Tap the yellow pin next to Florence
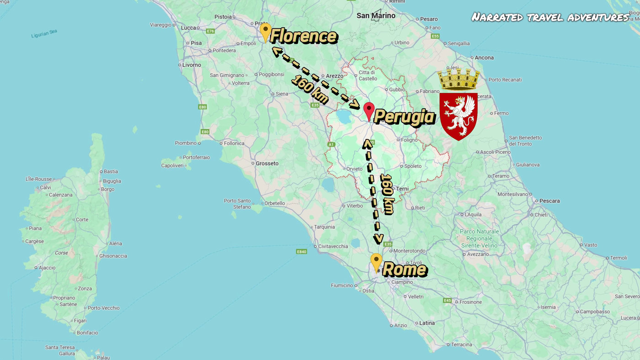tap(265, 32)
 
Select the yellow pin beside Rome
tap(376, 262)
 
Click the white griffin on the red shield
tap(458, 116)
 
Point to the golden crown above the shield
tap(459, 79)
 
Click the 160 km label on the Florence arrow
tap(310, 90)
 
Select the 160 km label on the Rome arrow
tap(387, 194)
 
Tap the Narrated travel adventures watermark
tap(550, 17)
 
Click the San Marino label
tap(376, 16)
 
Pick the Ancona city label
tap(484, 58)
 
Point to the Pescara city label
tap(549, 201)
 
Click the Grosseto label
tap(267, 163)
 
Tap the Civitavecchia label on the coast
tap(333, 246)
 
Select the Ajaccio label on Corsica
tap(47, 268)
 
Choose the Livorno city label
tap(192, 65)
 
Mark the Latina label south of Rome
tap(427, 323)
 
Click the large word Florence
tap(304, 36)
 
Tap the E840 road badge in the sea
tap(301, 252)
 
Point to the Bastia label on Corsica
tap(111, 172)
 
